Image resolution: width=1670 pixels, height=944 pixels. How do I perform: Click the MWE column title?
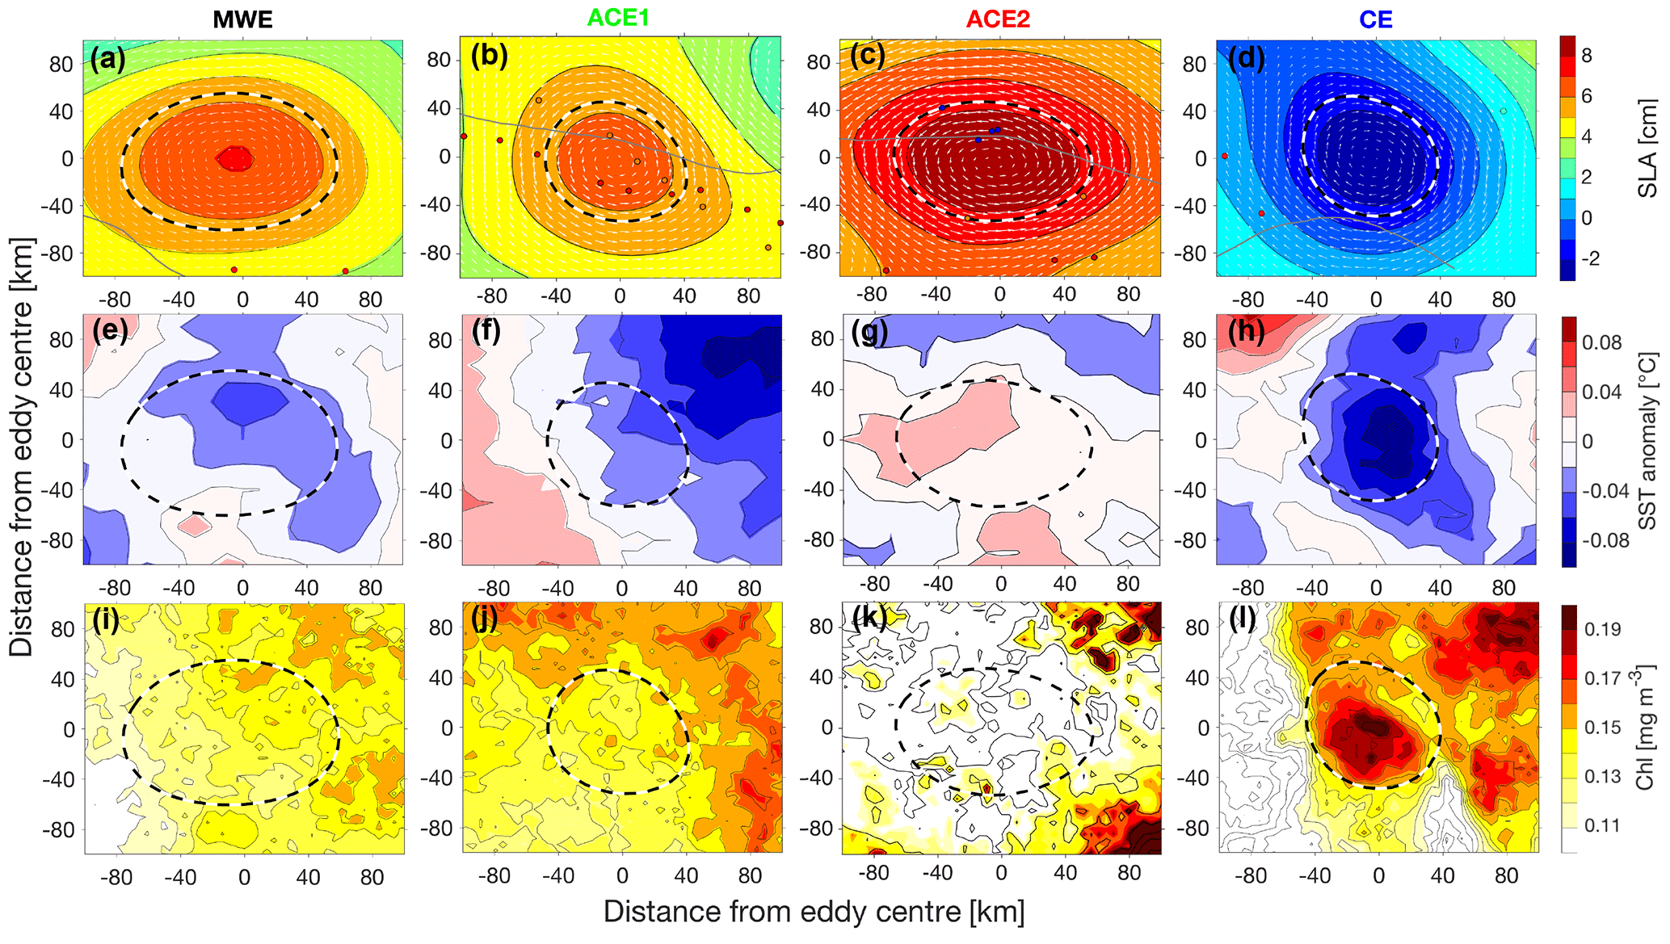click(x=242, y=19)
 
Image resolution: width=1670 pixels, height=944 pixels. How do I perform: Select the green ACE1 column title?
click(x=618, y=18)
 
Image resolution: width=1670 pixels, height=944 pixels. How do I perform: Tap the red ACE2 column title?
click(x=998, y=19)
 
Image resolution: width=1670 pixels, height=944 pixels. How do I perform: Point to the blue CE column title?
click(x=1375, y=19)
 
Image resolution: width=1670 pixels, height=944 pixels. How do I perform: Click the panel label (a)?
click(x=107, y=59)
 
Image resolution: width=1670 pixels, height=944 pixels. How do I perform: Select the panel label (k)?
click(x=869, y=619)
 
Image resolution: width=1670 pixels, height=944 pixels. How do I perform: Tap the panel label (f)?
click(x=486, y=332)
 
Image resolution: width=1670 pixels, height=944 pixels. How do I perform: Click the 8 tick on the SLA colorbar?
click(x=1587, y=56)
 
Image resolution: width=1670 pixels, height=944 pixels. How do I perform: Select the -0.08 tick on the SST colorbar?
click(x=1605, y=540)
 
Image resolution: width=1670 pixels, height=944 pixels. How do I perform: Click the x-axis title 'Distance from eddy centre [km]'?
click(x=814, y=912)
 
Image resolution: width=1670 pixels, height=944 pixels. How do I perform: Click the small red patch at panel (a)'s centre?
click(x=235, y=158)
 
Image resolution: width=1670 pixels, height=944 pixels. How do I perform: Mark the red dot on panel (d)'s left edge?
click(x=1225, y=156)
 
